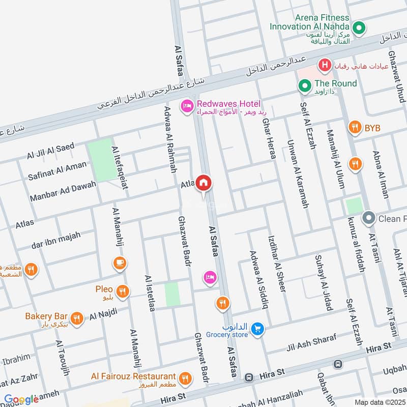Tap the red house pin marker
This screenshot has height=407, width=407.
[x=203, y=183]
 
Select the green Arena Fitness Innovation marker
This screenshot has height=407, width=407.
[x=360, y=28]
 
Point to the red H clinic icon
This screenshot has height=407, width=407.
[x=324, y=65]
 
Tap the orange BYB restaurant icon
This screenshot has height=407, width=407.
[x=355, y=128]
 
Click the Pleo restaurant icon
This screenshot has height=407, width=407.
[x=123, y=292]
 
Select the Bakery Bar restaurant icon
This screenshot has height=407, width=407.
[x=77, y=318]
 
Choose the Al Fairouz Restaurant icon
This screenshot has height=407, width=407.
[x=185, y=378]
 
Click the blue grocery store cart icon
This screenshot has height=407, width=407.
[x=258, y=330]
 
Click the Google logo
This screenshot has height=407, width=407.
[x=21, y=399]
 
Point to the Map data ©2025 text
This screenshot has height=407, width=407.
[x=380, y=402]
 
